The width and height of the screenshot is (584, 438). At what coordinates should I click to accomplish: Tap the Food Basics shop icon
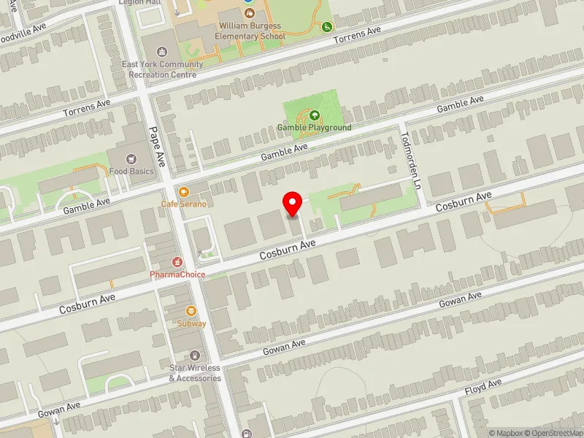[x=131, y=159]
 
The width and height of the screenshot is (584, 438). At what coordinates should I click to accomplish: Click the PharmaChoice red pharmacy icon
[x=177, y=262]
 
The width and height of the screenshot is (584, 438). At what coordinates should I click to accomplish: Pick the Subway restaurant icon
[x=191, y=311]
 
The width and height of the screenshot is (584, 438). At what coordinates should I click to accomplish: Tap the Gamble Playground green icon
[x=314, y=115]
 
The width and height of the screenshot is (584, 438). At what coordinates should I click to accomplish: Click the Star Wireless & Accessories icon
[x=194, y=356]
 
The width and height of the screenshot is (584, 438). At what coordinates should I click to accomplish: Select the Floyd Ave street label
[x=483, y=388]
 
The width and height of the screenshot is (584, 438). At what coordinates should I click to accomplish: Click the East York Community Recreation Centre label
[x=163, y=69]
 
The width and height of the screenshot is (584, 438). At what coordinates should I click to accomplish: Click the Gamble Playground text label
[x=314, y=128]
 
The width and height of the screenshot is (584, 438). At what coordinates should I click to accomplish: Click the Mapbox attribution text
[x=505, y=433]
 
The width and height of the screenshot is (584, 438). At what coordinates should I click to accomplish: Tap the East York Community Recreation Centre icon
[x=164, y=53]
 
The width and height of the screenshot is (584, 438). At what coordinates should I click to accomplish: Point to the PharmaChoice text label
[x=177, y=274]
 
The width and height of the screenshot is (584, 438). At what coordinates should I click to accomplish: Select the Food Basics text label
[x=131, y=172]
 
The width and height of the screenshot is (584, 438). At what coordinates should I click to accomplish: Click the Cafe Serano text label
[x=183, y=204]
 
